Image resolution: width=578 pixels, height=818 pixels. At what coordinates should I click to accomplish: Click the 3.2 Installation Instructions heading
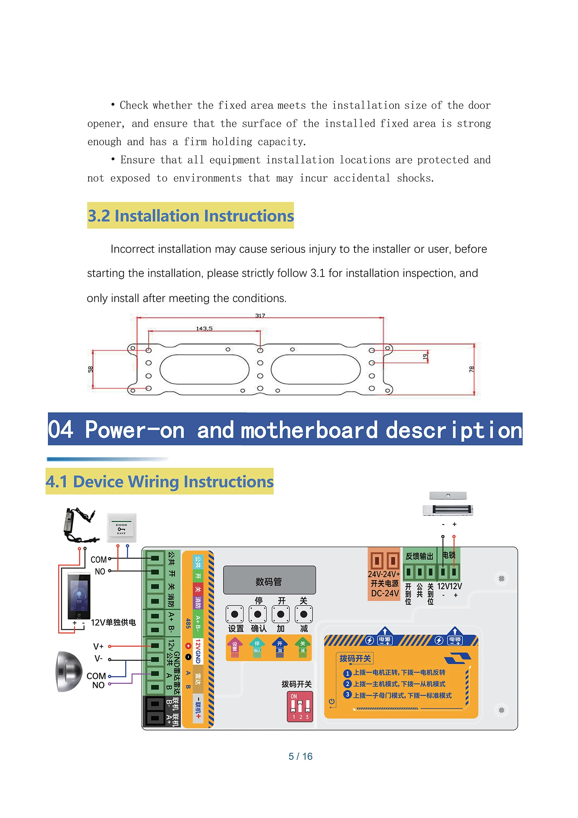tap(190, 216)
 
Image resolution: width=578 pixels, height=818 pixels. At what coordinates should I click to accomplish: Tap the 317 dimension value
tap(260, 315)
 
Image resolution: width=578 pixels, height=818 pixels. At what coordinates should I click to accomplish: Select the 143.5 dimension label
tap(204, 329)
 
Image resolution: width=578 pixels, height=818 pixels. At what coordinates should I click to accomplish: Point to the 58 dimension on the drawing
tap(91, 369)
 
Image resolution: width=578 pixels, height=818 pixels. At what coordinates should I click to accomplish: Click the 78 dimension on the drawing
tap(471, 369)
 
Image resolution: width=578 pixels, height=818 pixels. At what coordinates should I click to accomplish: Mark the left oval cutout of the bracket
tap(205, 369)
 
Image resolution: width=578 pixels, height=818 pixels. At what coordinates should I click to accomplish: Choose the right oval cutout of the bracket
tap(316, 369)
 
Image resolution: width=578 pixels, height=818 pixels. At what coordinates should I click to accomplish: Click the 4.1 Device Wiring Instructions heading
tap(160, 482)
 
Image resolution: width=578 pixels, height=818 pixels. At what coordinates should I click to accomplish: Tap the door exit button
tap(121, 528)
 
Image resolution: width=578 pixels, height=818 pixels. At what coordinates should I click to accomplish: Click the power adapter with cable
tap(79, 525)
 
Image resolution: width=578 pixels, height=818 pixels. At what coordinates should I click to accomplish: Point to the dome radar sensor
tap(69, 671)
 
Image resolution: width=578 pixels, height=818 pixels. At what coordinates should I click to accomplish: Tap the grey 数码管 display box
tap(269, 580)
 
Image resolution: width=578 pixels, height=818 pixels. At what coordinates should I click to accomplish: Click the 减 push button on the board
tap(304, 614)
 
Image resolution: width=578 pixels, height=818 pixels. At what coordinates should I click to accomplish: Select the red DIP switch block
tap(300, 707)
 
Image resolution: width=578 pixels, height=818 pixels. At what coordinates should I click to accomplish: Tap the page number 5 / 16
tap(301, 756)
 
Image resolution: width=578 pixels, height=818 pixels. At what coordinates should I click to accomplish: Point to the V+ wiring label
tap(98, 646)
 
